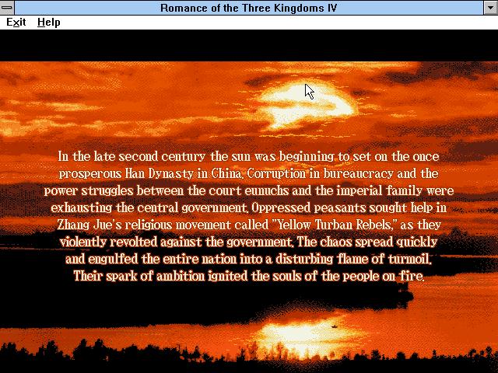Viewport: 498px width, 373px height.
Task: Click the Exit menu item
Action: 16,23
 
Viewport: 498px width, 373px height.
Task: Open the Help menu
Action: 48,23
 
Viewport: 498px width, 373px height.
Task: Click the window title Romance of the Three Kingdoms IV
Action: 248,8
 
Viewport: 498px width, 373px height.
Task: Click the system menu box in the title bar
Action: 7,7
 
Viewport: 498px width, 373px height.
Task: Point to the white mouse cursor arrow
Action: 309,92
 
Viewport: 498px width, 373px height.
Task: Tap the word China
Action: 226,173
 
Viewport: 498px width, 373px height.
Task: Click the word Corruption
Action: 276,174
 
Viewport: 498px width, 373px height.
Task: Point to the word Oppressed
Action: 281,208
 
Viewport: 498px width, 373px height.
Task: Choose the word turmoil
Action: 410,259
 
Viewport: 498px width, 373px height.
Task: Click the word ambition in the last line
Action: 181,277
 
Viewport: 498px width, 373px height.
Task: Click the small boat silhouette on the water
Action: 334,326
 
